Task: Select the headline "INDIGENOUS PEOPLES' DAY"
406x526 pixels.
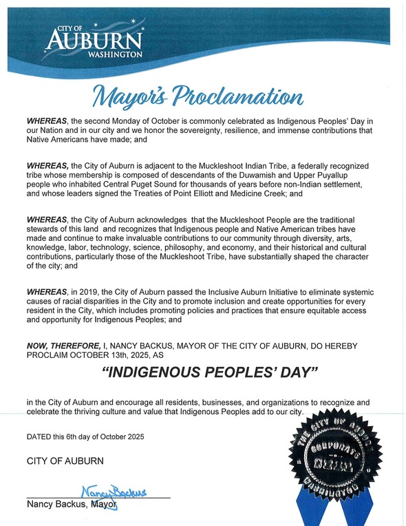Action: (203, 376)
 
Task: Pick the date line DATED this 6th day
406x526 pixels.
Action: (85, 437)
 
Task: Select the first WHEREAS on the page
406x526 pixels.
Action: (45, 120)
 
